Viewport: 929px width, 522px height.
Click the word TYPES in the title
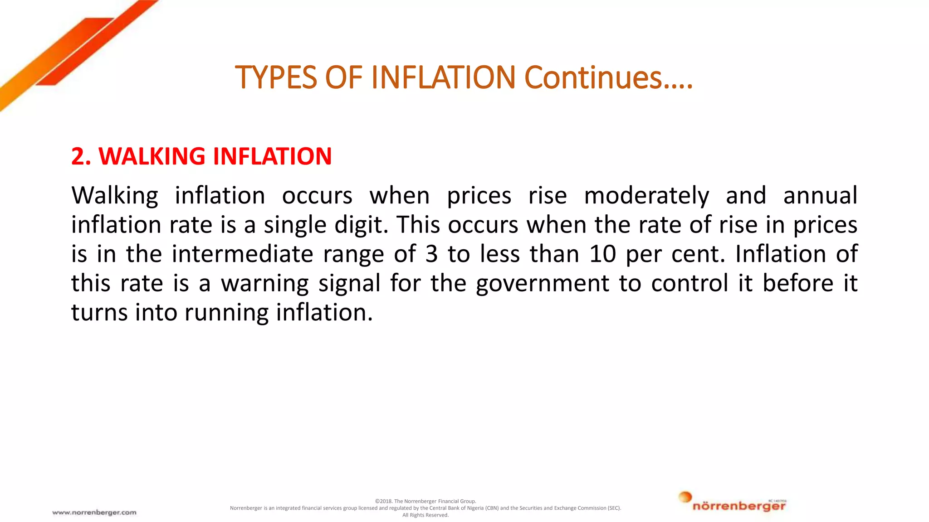tap(276, 77)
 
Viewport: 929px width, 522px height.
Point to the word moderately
tap(646, 196)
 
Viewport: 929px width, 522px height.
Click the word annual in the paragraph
tap(820, 196)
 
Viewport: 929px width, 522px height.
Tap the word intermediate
tap(242, 254)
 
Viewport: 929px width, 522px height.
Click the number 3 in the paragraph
tap(431, 254)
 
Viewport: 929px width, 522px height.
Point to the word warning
tap(264, 284)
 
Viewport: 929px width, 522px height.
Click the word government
tap(543, 284)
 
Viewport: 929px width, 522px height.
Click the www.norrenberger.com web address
tap(94, 512)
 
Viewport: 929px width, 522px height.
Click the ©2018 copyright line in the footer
tap(425, 501)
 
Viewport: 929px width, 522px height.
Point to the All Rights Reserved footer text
tap(425, 515)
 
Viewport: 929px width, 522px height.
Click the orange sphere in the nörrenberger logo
tap(685, 497)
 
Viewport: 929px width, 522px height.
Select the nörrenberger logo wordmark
tap(739, 506)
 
